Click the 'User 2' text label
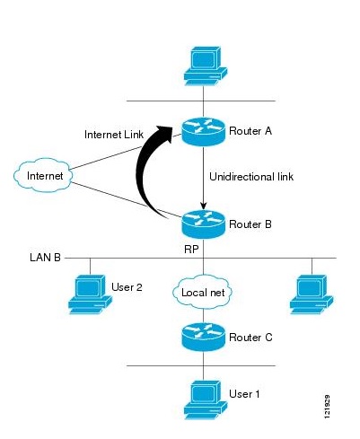click(127, 287)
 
